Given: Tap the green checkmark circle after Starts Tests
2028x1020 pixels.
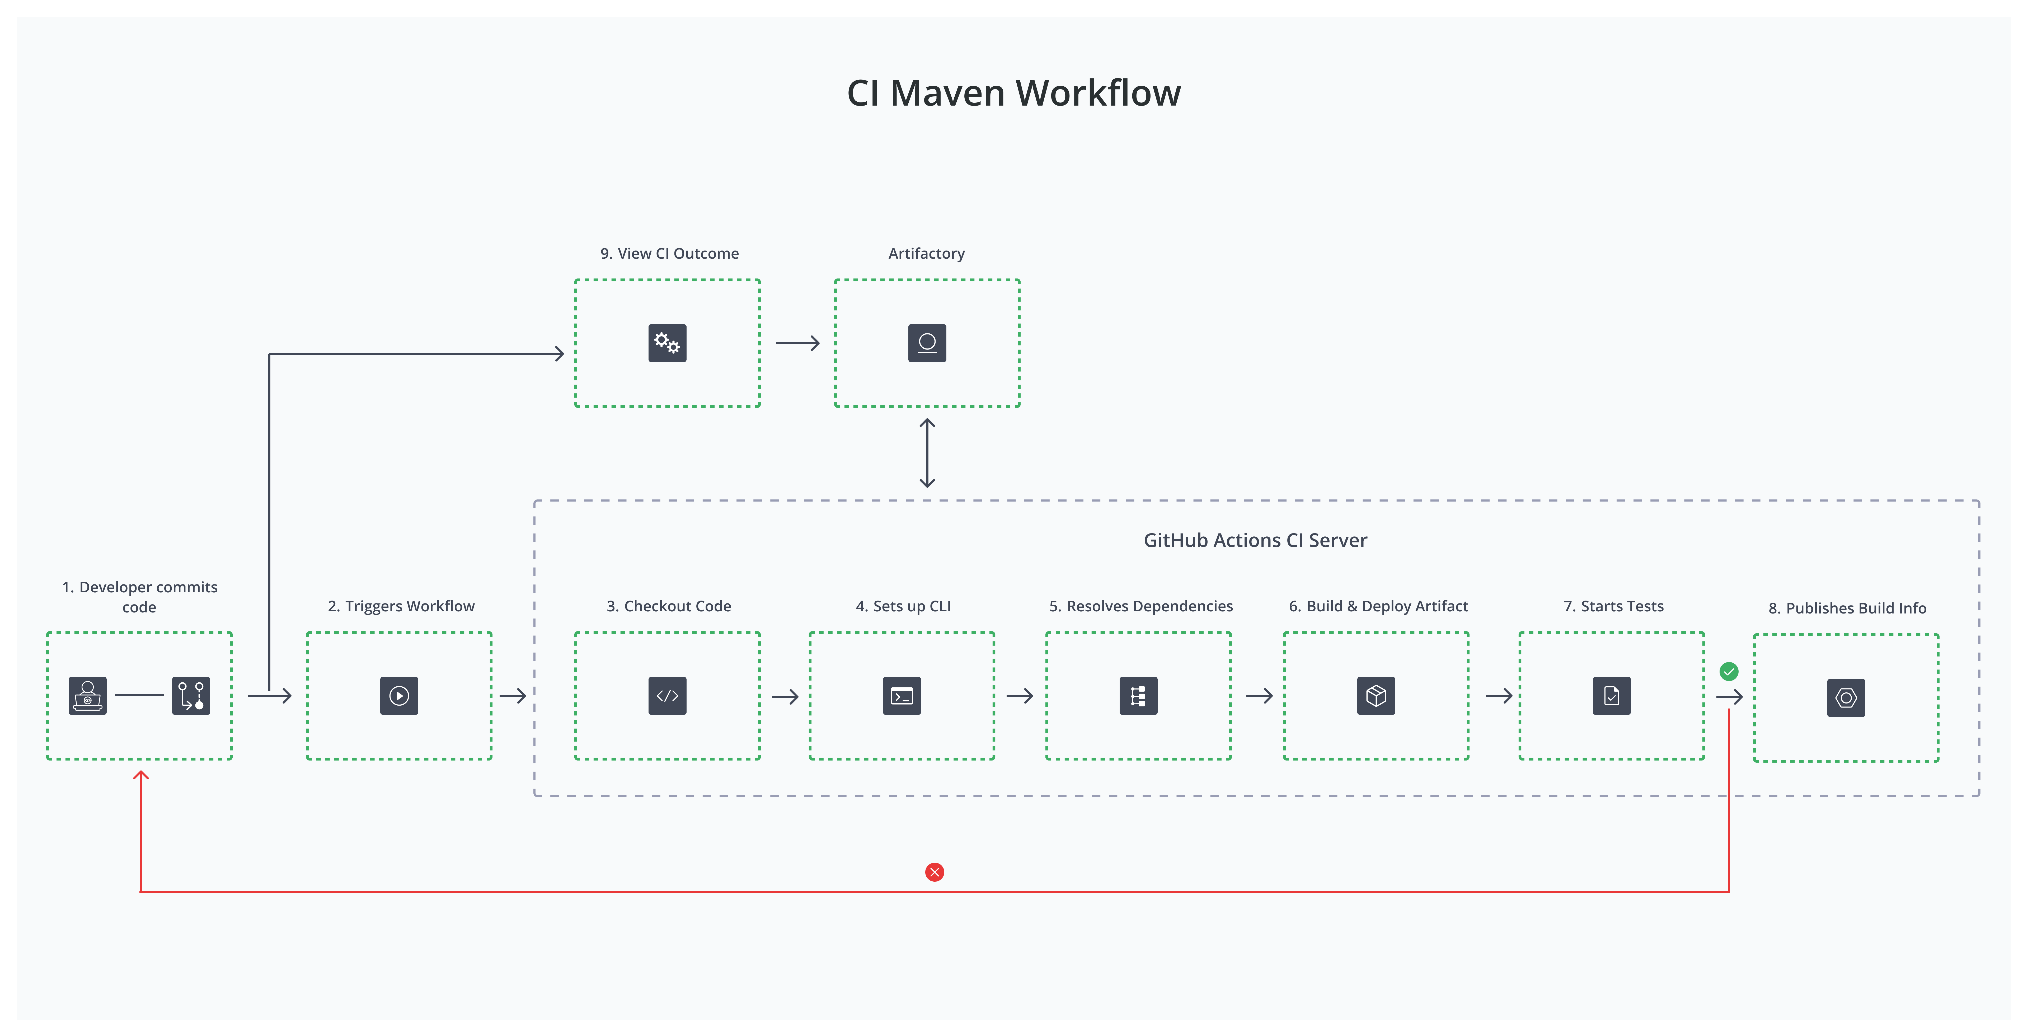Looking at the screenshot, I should pos(1729,671).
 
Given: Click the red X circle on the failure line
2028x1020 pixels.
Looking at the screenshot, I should pos(935,872).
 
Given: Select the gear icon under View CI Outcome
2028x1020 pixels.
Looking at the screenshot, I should pos(667,343).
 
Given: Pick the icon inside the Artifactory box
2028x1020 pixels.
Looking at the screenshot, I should pos(927,343).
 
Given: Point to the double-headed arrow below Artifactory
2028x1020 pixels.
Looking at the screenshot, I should pos(927,453).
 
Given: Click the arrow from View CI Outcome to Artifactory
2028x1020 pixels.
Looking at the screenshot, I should pos(797,343).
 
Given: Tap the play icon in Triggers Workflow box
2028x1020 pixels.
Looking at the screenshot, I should pos(399,696).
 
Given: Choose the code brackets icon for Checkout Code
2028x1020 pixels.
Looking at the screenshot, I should pos(667,696).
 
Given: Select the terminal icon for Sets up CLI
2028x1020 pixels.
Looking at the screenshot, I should pos(902,696).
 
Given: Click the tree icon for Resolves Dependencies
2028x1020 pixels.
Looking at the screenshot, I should pos(1138,696).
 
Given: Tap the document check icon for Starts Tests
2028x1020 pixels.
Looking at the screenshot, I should pos(1612,696).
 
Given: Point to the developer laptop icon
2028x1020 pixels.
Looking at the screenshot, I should pos(87,696).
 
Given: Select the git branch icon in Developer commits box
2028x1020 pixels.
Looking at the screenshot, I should pos(191,696).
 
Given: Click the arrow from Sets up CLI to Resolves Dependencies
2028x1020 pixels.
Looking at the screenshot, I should pos(1020,696).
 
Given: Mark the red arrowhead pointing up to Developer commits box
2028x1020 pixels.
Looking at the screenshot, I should pos(141,776).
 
